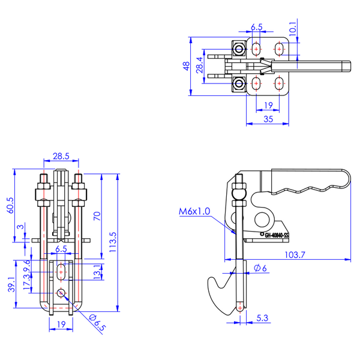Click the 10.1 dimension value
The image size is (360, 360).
click(x=293, y=29)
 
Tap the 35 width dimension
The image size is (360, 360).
click(x=268, y=119)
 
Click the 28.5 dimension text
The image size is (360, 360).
click(x=61, y=155)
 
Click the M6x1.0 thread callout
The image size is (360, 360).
click(x=195, y=212)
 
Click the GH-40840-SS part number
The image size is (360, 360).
click(x=281, y=235)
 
